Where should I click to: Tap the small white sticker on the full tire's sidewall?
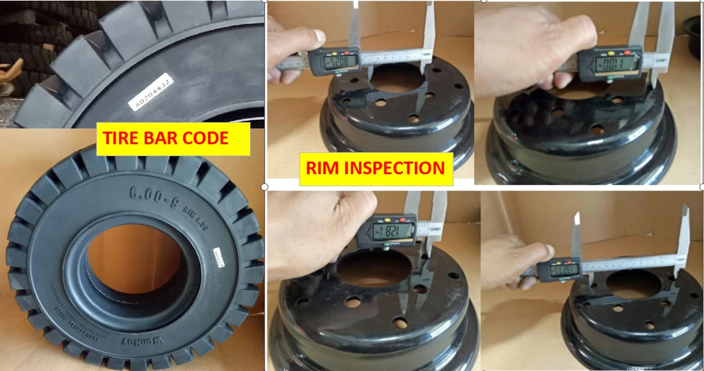point(218,253)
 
